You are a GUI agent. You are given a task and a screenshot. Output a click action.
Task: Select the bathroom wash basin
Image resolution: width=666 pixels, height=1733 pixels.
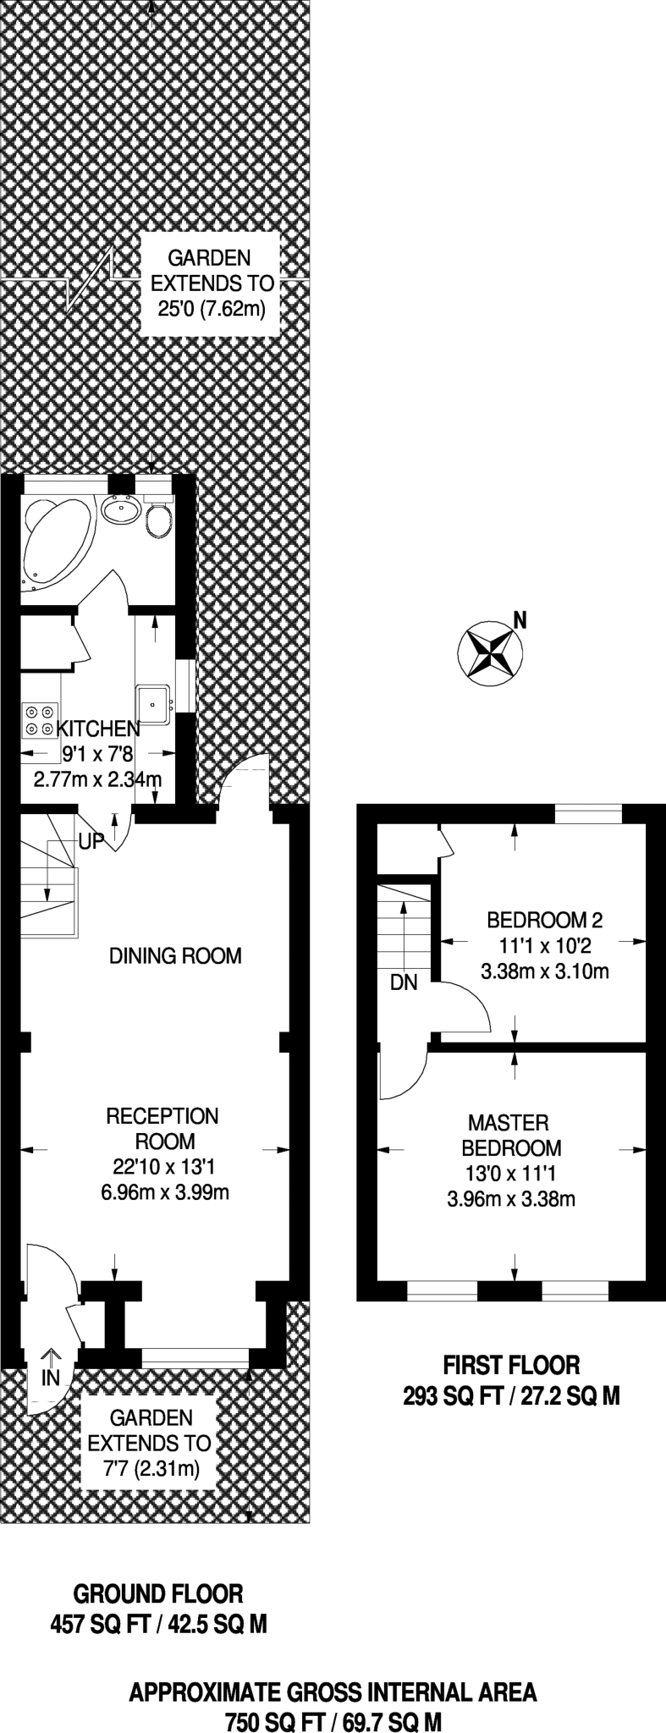pos(122,509)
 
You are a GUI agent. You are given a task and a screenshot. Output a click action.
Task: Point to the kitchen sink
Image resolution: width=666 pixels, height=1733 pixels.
pos(155,704)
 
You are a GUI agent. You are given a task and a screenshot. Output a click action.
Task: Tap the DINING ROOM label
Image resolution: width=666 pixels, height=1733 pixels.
pos(176,956)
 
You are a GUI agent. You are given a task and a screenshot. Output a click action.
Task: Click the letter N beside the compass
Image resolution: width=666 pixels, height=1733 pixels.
pos(520,620)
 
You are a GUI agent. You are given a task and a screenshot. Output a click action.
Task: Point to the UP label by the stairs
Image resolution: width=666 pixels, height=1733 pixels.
pos(91,841)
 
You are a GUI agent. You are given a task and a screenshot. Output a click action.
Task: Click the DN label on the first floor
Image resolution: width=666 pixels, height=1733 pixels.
pos(404,983)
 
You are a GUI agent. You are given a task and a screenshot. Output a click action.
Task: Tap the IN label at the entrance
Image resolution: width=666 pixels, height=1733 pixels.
pos(51,1378)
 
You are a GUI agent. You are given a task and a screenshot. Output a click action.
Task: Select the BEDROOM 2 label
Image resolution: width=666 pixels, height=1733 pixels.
pos(544,920)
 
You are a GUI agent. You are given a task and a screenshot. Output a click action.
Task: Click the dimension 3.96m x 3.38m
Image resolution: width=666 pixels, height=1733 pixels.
pos(511,1199)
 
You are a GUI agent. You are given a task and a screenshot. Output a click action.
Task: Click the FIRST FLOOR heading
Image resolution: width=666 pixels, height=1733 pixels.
pos(512,1364)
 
